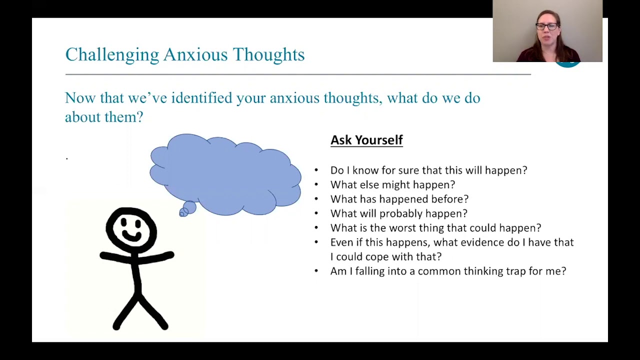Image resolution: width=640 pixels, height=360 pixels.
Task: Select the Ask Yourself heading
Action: pyautogui.click(x=366, y=140)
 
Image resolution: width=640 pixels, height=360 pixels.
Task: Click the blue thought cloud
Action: pyautogui.click(x=225, y=172)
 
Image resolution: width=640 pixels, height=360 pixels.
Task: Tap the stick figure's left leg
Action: pyautogui.click(x=124, y=312)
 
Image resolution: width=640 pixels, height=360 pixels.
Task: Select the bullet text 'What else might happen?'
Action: pyautogui.click(x=392, y=184)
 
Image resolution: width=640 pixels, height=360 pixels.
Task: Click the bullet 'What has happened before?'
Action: pyautogui.click(x=399, y=199)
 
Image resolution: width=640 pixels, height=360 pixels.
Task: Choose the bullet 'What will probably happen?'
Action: pyautogui.click(x=398, y=213)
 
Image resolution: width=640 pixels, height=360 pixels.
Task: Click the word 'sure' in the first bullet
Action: pyautogui.click(x=408, y=170)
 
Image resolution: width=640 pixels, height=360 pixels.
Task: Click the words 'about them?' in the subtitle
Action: pyautogui.click(x=104, y=117)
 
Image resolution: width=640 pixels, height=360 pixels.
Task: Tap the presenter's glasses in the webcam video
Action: pyautogui.click(x=546, y=26)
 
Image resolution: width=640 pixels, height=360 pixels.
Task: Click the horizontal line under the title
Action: pyautogui.click(x=297, y=74)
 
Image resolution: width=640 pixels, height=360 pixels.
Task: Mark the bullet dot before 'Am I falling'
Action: pyautogui.click(x=316, y=271)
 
